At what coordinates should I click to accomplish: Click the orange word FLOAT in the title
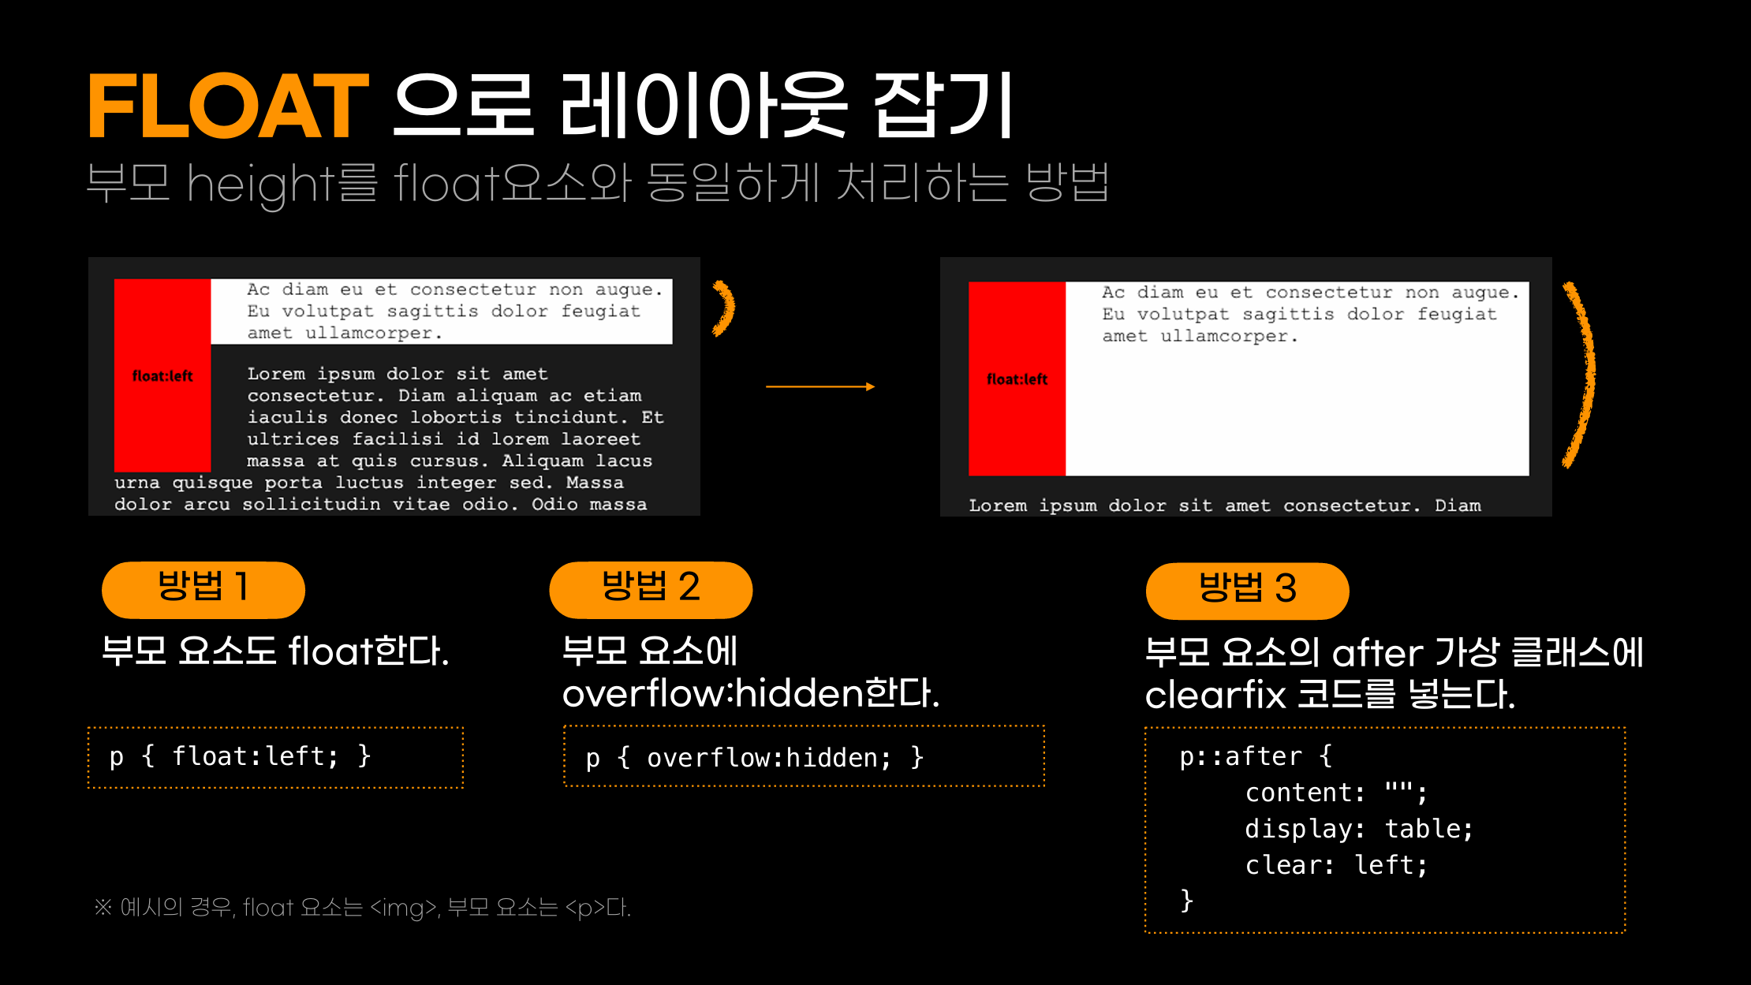click(227, 106)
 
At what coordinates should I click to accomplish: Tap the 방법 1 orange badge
click(203, 589)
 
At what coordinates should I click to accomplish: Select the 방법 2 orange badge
click(651, 589)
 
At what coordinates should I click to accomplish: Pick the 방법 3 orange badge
click(1247, 590)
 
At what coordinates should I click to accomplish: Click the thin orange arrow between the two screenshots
click(820, 386)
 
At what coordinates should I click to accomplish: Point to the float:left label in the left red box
click(162, 376)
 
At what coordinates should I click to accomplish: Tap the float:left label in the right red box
click(1017, 379)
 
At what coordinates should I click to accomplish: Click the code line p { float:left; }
click(240, 756)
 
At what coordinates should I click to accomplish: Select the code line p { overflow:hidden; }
click(754, 758)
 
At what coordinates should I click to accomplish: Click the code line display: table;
click(1358, 829)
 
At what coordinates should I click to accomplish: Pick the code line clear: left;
click(1336, 865)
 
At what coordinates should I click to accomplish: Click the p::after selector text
click(1241, 756)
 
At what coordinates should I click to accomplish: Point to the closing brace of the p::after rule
click(1186, 900)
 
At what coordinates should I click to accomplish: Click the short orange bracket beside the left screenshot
click(724, 308)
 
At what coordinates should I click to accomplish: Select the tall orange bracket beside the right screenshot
click(1580, 375)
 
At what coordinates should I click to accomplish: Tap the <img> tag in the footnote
click(404, 908)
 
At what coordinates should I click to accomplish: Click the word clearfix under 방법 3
click(1215, 696)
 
